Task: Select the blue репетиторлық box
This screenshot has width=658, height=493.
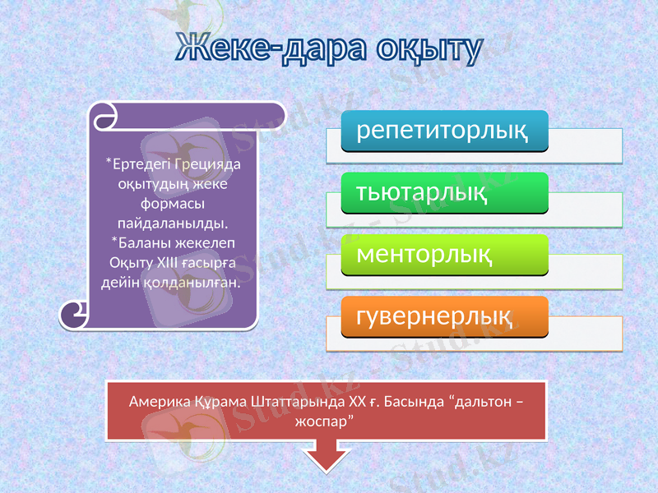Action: pos(445,131)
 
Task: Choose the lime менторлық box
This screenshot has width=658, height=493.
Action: pos(445,256)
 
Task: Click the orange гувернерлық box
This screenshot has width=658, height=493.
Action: pos(445,317)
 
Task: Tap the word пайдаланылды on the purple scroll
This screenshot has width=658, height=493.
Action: pos(173,223)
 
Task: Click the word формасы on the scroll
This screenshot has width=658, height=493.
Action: pos(173,203)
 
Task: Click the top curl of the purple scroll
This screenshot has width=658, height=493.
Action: pos(103,117)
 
